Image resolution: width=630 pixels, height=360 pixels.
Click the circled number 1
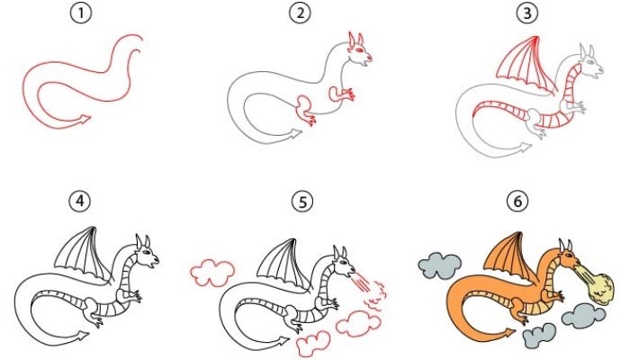[x=81, y=13]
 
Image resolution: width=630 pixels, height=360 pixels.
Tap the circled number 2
[x=300, y=13]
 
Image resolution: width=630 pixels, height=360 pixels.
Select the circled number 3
[x=526, y=13]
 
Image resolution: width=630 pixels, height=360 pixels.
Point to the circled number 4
[x=80, y=201]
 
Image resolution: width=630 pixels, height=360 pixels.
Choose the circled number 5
[x=301, y=202]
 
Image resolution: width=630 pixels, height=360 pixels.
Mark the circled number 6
[x=517, y=201]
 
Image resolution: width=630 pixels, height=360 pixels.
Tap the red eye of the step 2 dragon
[x=358, y=49]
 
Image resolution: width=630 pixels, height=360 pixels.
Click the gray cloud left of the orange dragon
[x=439, y=265]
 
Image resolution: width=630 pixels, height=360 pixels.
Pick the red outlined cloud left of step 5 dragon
[x=212, y=273]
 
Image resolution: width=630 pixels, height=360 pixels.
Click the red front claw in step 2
[x=342, y=94]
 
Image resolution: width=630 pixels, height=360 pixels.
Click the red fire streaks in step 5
[x=360, y=281]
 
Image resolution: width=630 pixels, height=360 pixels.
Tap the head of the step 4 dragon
[x=146, y=253]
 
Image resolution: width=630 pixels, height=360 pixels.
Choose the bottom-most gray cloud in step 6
[x=540, y=337]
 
